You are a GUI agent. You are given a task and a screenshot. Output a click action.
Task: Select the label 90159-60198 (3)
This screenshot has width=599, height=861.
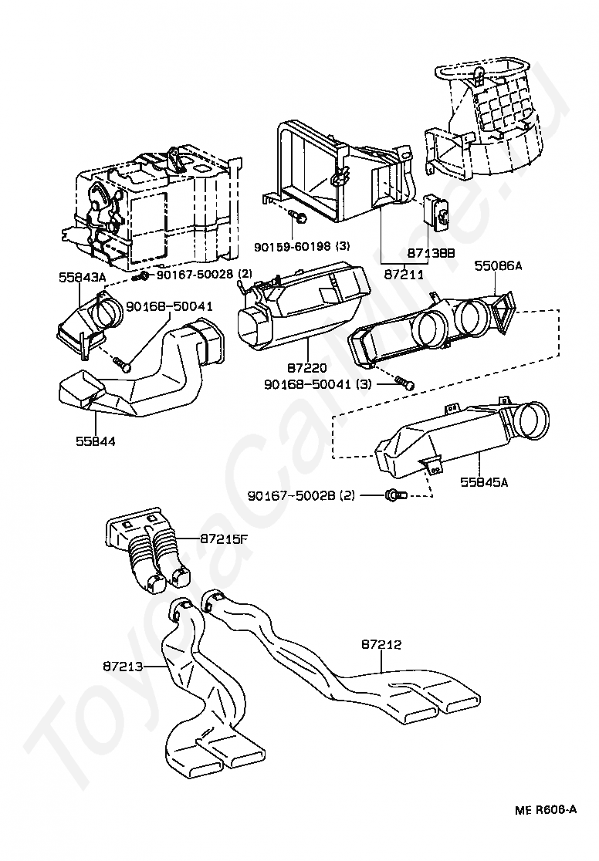click(302, 246)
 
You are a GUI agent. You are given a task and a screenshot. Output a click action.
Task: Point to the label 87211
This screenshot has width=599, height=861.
click(405, 274)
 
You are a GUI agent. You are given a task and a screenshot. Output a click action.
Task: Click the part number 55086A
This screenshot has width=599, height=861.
click(498, 265)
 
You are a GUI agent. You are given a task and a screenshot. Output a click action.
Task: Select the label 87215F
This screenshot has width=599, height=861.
click(224, 539)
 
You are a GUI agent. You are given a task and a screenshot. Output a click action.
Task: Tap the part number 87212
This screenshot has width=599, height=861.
click(381, 643)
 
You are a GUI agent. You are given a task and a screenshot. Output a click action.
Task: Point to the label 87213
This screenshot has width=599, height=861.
click(124, 664)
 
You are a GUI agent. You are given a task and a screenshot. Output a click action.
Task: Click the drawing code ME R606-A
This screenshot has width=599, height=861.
click(547, 810)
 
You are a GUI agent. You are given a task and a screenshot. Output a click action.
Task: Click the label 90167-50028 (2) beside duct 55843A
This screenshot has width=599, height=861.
click(205, 275)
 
